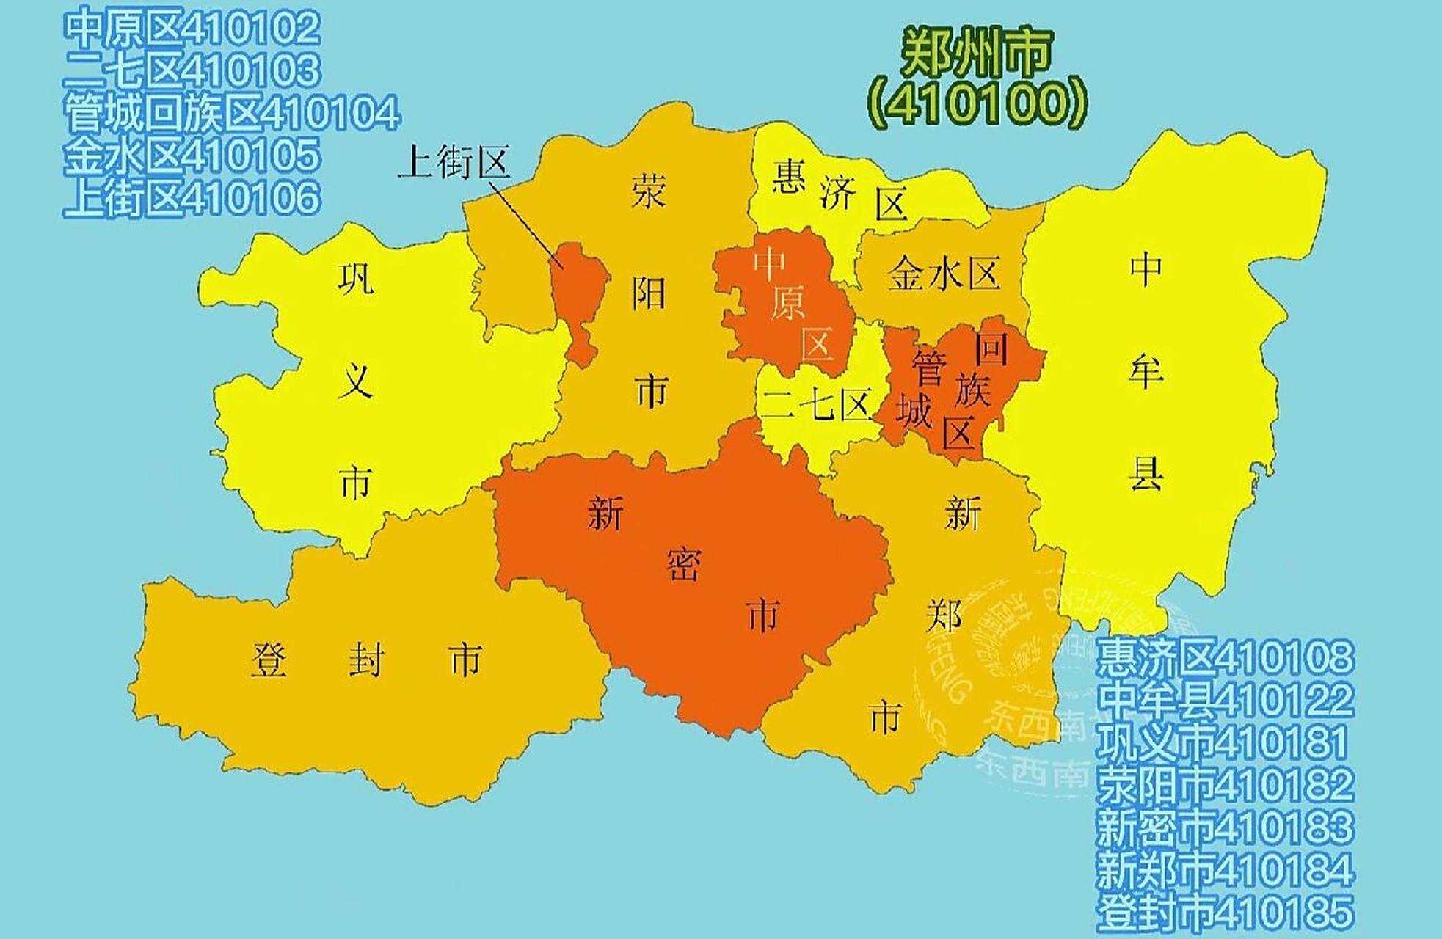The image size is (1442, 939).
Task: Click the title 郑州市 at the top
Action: tap(976, 53)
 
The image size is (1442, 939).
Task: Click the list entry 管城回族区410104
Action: tap(232, 114)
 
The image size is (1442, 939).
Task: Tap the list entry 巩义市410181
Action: tap(1225, 742)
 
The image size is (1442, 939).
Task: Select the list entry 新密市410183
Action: tap(1225, 827)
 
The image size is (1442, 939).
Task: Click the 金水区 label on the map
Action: tap(944, 274)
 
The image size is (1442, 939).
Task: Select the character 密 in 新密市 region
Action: tap(684, 565)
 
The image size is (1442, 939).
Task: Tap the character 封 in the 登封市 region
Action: tap(365, 660)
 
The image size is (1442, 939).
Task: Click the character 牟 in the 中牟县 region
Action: tap(1146, 371)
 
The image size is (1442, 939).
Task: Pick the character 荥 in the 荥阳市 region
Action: tap(649, 192)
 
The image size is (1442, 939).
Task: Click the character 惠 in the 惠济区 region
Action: tap(789, 178)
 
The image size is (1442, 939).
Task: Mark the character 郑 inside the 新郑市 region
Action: tap(944, 615)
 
